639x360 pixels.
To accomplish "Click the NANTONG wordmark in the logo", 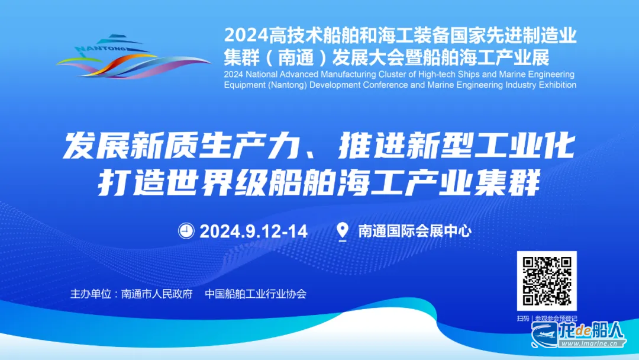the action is [x=101, y=49].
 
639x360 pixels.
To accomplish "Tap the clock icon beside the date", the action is [x=186, y=231].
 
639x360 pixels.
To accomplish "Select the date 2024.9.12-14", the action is [x=253, y=231].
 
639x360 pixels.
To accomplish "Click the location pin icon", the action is [x=343, y=232].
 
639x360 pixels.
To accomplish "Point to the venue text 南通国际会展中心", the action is [x=415, y=231].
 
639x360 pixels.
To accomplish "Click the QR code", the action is [x=547, y=281].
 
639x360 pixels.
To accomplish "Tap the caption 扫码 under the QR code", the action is [x=523, y=319].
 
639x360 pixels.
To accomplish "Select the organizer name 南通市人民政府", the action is [x=157, y=294].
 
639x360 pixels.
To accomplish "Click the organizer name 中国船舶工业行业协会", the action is [x=256, y=294].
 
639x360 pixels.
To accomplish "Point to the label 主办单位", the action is [x=91, y=294].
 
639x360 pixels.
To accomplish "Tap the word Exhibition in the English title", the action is [x=557, y=85].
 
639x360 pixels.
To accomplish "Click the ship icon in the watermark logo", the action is [x=544, y=335].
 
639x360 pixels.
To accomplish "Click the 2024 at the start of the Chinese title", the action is [x=246, y=36].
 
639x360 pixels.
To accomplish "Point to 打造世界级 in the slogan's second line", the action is [x=183, y=182].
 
